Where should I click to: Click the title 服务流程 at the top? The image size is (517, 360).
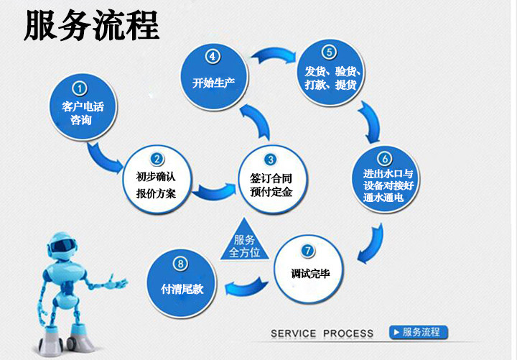point(91,27)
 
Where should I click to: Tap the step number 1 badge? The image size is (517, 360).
point(80,88)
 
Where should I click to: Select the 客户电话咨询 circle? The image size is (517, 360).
point(82,111)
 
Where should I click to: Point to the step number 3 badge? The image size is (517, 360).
point(270,160)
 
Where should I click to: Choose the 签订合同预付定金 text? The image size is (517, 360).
point(270,185)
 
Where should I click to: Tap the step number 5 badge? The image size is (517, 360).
point(327,52)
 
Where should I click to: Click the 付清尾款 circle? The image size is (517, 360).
point(183,281)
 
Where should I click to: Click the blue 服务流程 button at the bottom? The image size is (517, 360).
point(418,332)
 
